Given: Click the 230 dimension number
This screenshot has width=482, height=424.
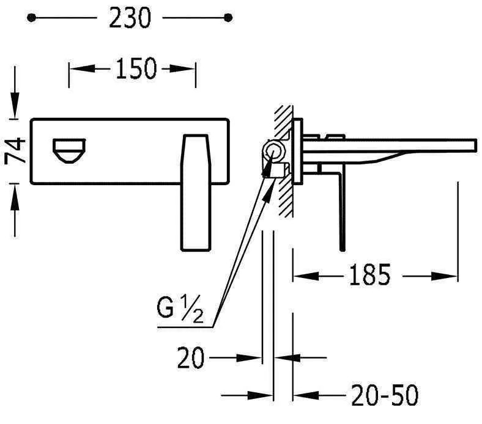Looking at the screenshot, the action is pyautogui.click(x=130, y=18).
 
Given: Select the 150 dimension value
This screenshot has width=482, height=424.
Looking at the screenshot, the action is pyautogui.click(x=136, y=68).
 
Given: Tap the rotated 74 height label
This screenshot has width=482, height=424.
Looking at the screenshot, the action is pyautogui.click(x=15, y=151).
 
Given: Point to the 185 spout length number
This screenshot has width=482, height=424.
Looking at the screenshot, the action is pyautogui.click(x=370, y=275).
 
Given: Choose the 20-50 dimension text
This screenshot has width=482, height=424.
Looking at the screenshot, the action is pyautogui.click(x=385, y=395).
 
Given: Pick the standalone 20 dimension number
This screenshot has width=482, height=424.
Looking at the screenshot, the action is pyautogui.click(x=191, y=357).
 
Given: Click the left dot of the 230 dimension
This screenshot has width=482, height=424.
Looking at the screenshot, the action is pyautogui.click(x=31, y=18).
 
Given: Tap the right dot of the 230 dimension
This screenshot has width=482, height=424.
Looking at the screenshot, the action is pyautogui.click(x=228, y=18).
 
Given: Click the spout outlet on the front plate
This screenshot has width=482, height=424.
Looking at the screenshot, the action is pyautogui.click(x=69, y=151).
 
